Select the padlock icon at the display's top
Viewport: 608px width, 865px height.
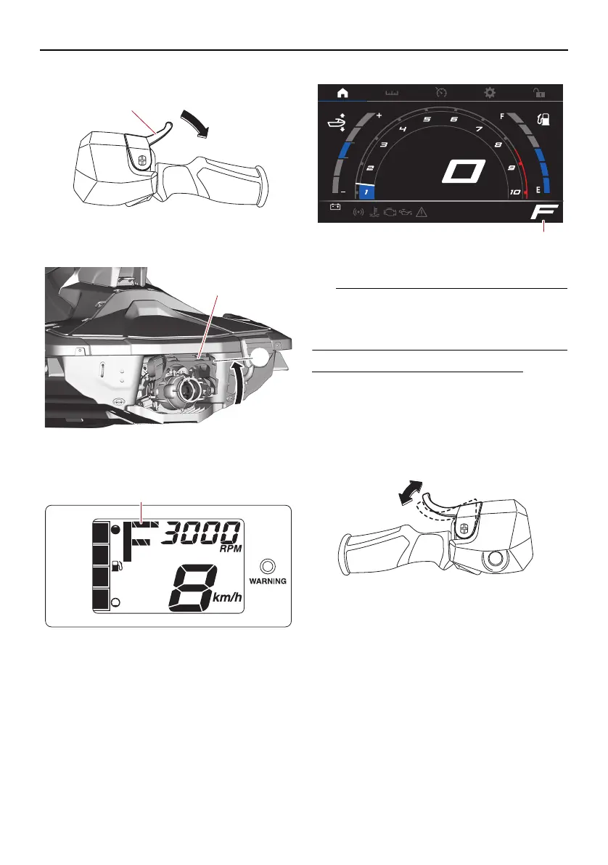(539, 93)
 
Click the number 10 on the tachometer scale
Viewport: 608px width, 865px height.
(515, 192)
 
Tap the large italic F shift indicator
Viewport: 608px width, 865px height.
(543, 212)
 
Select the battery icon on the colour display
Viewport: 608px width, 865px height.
(336, 206)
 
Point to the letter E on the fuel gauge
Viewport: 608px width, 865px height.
(538, 190)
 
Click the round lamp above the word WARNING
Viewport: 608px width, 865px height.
(269, 565)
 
